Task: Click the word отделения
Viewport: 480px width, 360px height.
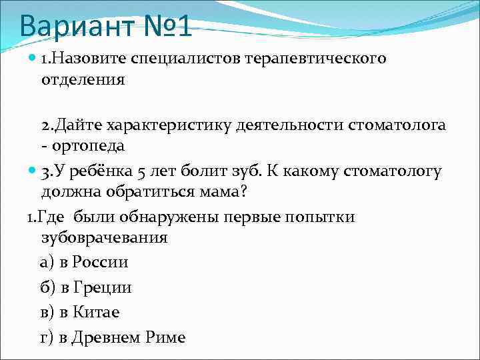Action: pyautogui.click(x=83, y=80)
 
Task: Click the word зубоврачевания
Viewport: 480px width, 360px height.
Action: pyautogui.click(x=104, y=238)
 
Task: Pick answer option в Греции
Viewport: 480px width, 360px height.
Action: pyautogui.click(x=87, y=287)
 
